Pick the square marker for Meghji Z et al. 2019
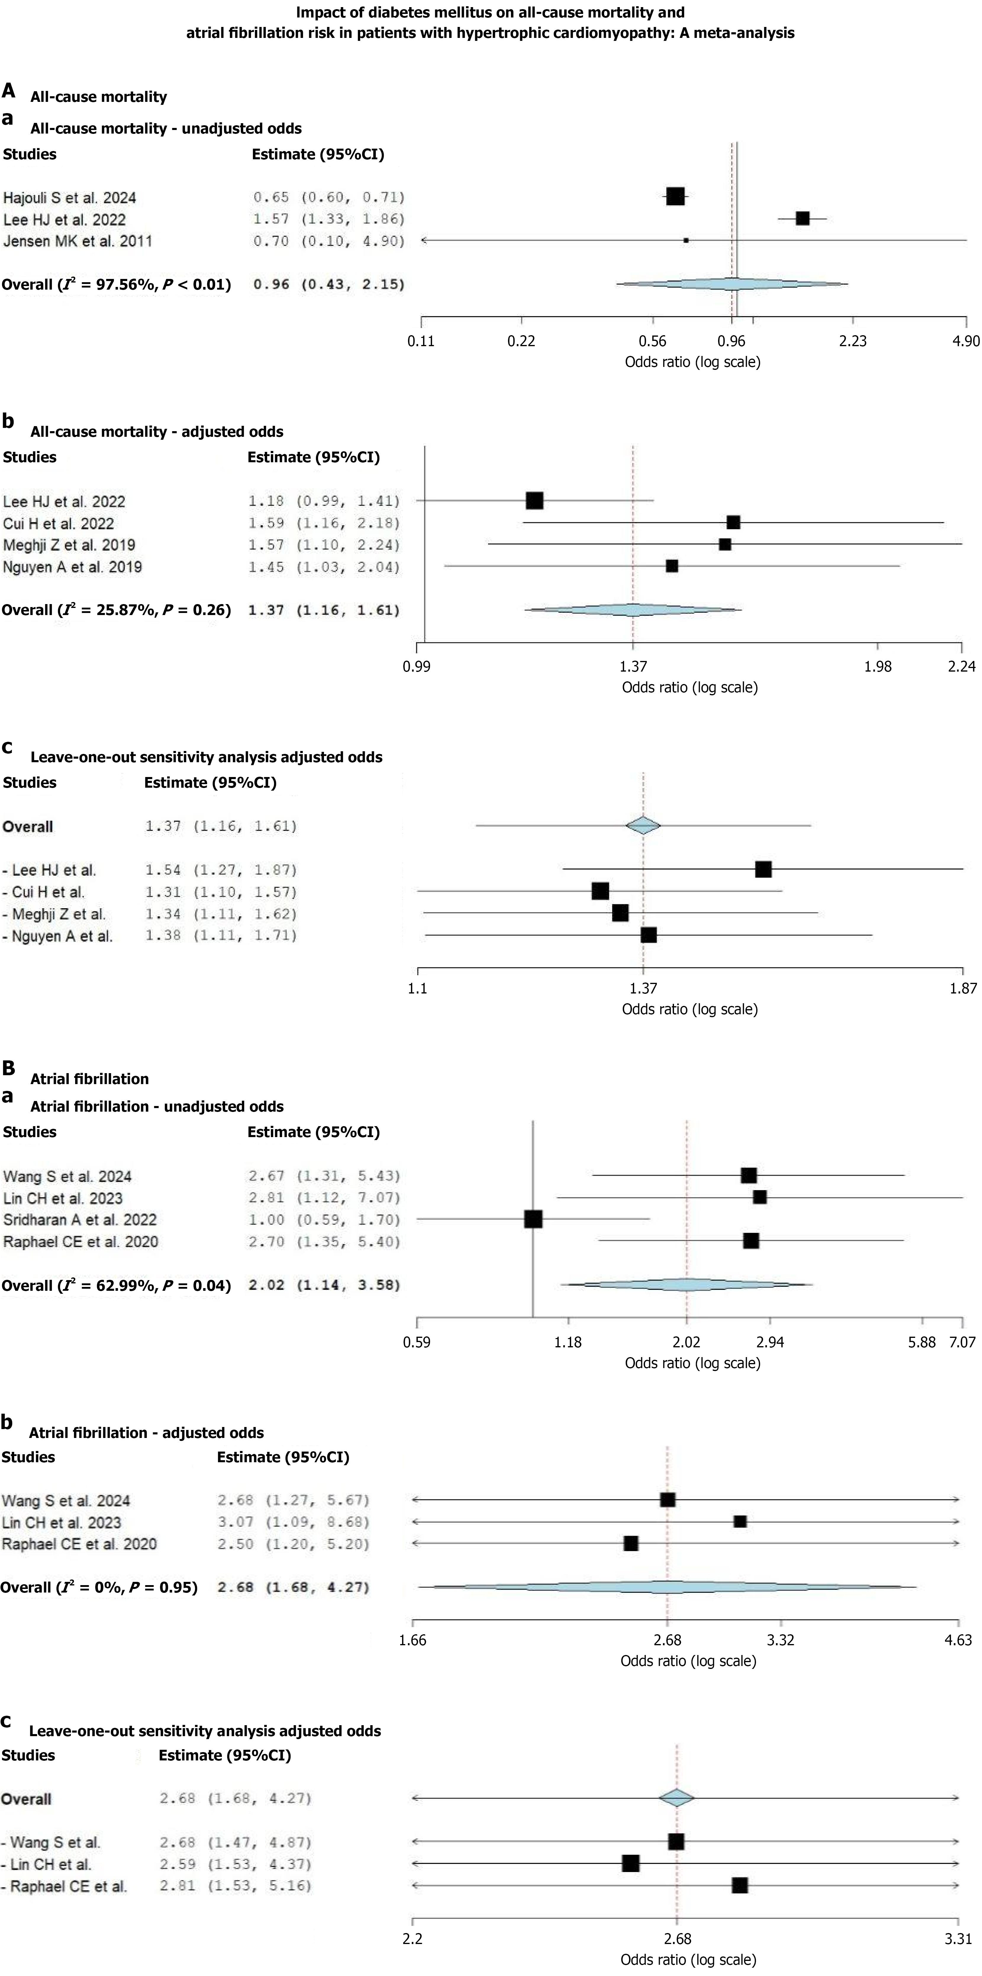(x=724, y=545)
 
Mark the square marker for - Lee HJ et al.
(x=763, y=869)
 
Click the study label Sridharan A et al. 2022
(x=80, y=1220)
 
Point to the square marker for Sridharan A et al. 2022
(x=533, y=1219)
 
